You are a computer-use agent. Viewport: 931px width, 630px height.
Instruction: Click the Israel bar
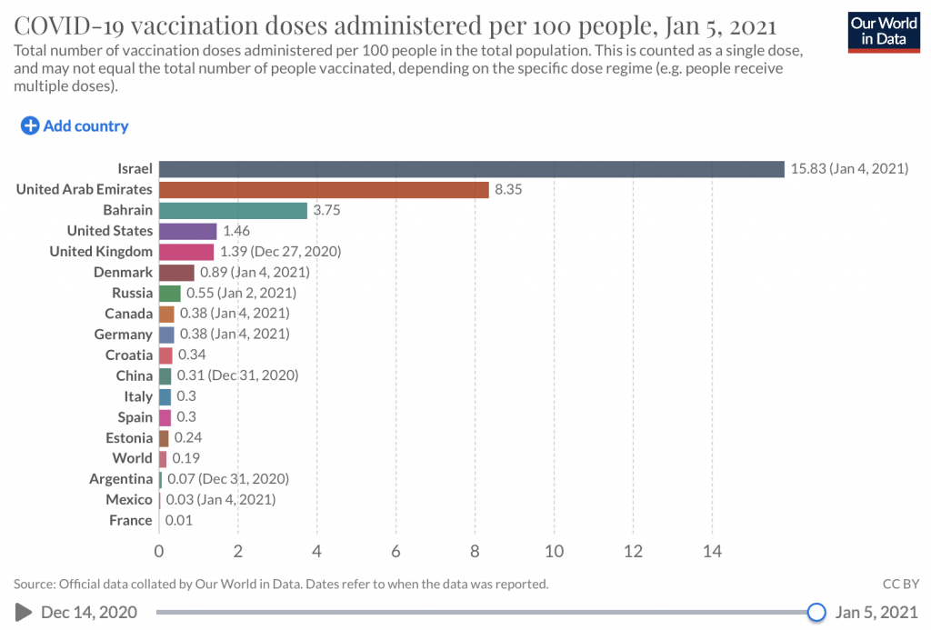[471, 169]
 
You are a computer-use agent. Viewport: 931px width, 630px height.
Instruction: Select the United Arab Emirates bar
[324, 189]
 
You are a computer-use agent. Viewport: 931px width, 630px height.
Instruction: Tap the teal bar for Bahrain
[233, 210]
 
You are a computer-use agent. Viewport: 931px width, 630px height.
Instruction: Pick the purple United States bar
[188, 231]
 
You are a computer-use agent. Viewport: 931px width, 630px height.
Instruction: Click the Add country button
[75, 126]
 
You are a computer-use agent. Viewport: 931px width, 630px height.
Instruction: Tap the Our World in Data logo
[882, 32]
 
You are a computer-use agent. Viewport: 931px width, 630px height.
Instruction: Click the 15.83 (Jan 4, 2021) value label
[849, 169]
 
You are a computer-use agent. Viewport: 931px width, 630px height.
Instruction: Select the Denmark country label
[123, 272]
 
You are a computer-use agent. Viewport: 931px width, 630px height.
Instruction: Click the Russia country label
[132, 293]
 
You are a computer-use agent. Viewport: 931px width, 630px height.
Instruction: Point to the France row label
[130, 520]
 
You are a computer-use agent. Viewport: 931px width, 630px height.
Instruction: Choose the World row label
[132, 458]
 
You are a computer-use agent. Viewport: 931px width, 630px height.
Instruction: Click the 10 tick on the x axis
[554, 551]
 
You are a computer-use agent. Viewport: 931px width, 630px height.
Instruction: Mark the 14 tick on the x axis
[712, 551]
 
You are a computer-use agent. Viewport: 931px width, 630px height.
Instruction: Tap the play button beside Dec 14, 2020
[24, 612]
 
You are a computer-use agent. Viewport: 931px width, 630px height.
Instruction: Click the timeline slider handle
[816, 612]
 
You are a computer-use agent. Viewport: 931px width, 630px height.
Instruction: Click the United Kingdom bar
[186, 252]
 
